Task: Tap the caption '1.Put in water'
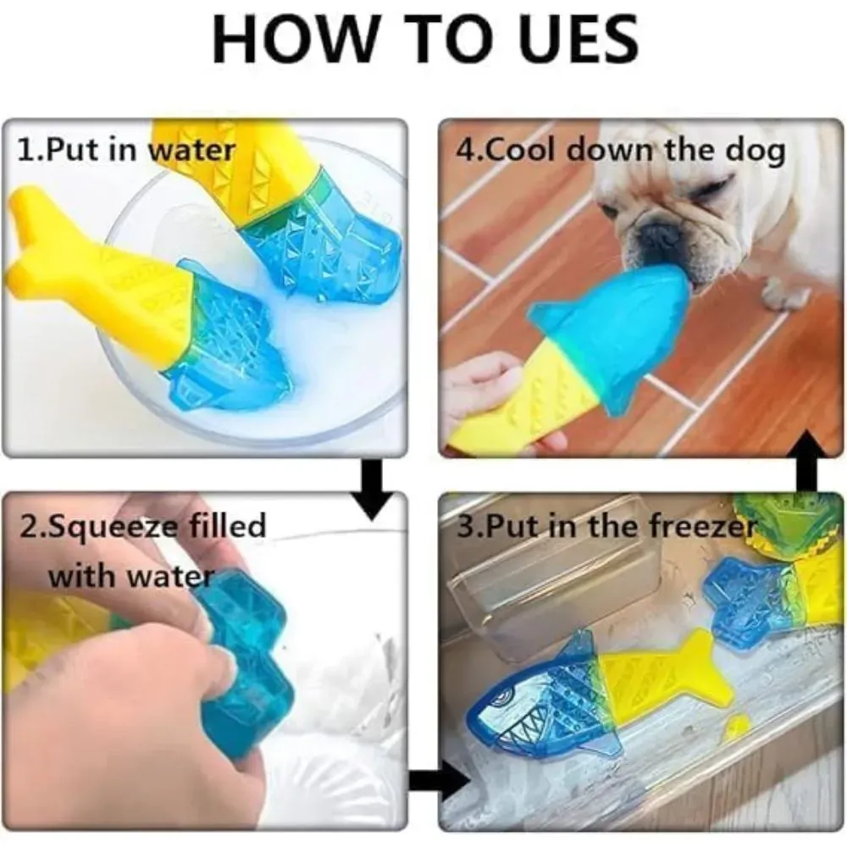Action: coord(125,150)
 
